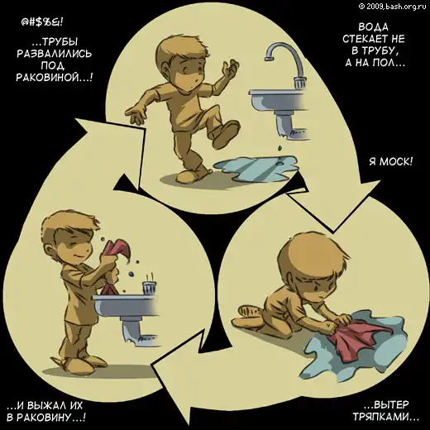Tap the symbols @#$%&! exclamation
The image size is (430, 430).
(42, 22)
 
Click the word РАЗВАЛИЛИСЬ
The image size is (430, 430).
(54, 54)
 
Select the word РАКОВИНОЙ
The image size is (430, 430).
(54, 78)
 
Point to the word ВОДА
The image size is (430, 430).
(374, 27)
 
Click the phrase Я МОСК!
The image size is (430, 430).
(391, 161)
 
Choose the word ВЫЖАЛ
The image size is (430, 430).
(45, 405)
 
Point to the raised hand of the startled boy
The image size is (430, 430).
(231, 69)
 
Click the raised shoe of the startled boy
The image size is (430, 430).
(227, 134)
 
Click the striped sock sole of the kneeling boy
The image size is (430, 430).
(248, 313)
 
